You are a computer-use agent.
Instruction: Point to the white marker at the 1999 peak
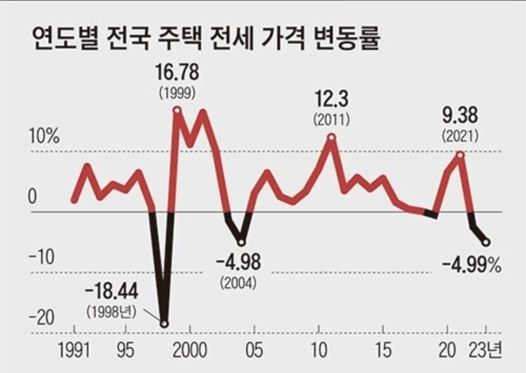[177, 111]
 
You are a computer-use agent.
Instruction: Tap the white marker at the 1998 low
[165, 324]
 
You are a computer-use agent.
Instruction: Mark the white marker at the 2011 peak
[331, 136]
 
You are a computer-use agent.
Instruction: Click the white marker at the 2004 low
[241, 242]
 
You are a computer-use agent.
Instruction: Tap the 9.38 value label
[461, 116]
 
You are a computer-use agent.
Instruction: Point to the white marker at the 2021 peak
[461, 154]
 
